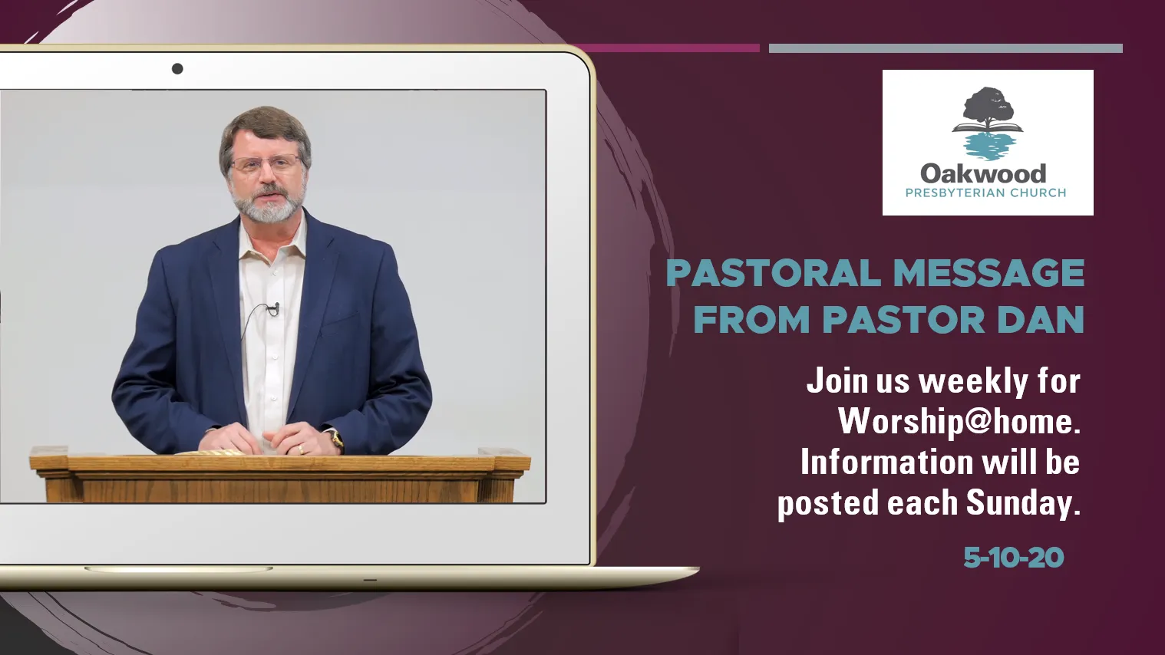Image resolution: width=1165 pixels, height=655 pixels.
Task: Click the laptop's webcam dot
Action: click(x=177, y=68)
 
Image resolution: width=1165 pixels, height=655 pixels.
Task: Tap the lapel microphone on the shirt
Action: click(x=274, y=309)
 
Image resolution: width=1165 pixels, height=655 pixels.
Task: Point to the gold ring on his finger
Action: click(x=301, y=449)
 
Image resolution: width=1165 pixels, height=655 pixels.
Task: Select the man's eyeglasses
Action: click(x=266, y=164)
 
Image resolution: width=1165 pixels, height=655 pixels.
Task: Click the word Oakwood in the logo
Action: click(x=983, y=173)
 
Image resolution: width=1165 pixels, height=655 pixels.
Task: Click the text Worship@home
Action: click(x=959, y=422)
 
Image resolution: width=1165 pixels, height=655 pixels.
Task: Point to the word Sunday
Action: click(x=1023, y=503)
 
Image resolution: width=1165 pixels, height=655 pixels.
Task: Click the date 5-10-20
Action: click(x=1014, y=558)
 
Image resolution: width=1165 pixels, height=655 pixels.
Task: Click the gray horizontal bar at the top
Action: click(x=946, y=48)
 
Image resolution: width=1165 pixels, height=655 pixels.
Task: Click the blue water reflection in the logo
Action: click(x=988, y=146)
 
